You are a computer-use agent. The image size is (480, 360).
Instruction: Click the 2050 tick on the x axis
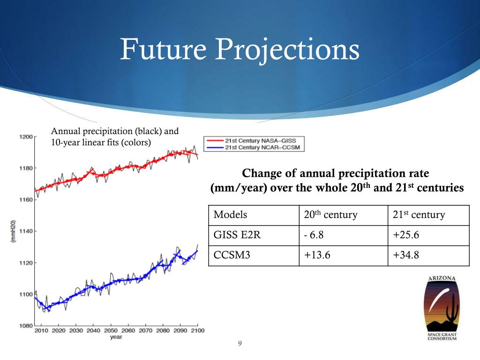point(111,331)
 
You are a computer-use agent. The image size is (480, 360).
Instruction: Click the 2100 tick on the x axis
point(197,331)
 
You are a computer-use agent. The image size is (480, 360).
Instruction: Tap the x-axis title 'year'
point(116,337)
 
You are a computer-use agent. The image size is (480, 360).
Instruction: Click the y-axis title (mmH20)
point(14,231)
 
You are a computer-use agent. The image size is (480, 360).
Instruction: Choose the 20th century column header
point(330,215)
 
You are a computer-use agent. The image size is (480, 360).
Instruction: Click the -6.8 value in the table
point(313,235)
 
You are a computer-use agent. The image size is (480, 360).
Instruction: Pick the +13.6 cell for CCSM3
point(316,255)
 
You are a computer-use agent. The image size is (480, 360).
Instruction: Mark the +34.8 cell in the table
point(405,255)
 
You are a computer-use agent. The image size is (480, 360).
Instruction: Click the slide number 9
point(240,344)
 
